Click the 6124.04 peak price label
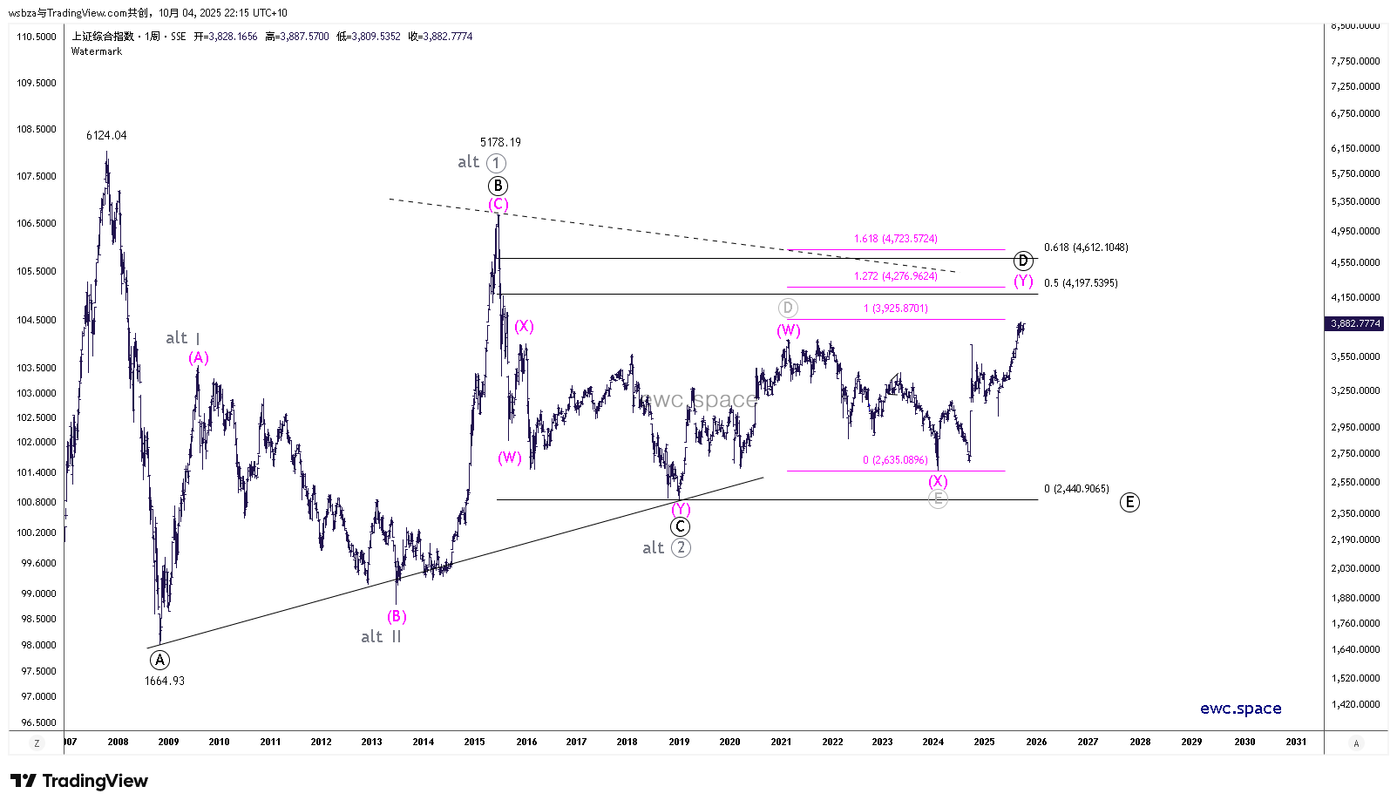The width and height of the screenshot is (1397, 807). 106,135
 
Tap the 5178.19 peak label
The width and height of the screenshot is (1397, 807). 500,142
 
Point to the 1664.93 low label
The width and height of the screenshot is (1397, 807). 165,681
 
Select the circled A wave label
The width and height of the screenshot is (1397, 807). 159,660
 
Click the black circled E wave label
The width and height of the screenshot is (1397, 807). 1129,502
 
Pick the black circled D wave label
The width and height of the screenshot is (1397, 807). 1023,261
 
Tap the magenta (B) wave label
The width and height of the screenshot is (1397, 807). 397,616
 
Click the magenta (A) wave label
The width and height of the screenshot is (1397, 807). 199,357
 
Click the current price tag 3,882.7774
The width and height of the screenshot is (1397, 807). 1355,323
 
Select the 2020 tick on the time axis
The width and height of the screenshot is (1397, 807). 729,742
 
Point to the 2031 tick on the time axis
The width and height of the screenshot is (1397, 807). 1296,742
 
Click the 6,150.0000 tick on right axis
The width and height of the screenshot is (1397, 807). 1355,148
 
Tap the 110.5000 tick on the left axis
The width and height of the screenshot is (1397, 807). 37,37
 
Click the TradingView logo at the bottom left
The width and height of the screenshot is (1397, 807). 79,781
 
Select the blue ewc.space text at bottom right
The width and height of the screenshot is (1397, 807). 1240,709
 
